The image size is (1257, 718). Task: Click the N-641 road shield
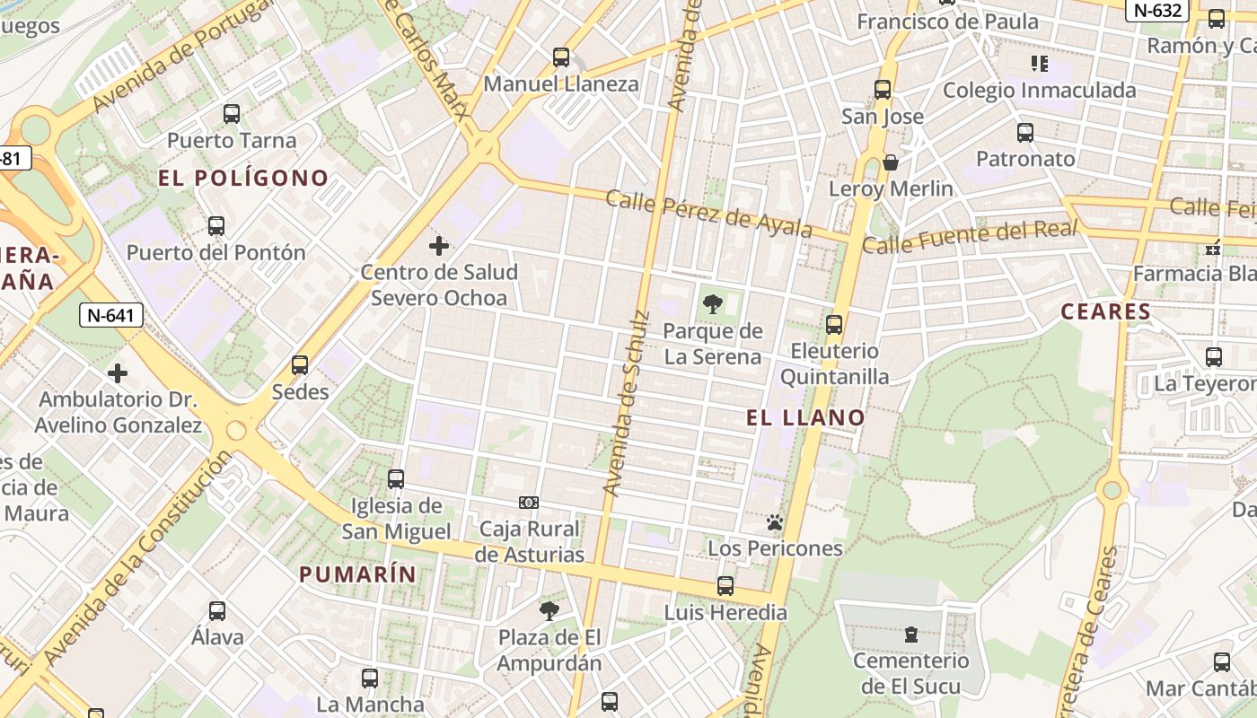pos(111,315)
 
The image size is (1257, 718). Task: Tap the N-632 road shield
pos(1157,10)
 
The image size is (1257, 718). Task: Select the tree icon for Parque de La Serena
pos(713,304)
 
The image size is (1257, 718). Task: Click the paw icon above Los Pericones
pos(775,522)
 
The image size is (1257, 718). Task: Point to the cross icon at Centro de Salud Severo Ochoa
pos(439,246)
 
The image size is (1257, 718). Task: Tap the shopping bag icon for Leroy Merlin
pos(891,162)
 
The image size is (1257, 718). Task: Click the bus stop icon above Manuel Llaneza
pos(561,57)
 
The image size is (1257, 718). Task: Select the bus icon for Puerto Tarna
pos(232,114)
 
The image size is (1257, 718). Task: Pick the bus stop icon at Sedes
pos(300,365)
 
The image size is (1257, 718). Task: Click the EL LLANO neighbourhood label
pos(805,417)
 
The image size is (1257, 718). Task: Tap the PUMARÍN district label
pos(357,574)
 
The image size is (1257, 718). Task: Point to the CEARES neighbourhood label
pos(1105,311)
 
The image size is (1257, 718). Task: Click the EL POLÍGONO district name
pos(243,178)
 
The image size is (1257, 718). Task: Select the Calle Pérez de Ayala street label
pos(708,214)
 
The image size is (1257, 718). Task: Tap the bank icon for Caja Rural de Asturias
pos(529,503)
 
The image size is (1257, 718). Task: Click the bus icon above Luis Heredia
pos(725,586)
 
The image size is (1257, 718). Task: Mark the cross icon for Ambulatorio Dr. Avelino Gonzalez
pos(118,373)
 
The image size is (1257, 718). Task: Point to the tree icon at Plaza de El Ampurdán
pos(549,611)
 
